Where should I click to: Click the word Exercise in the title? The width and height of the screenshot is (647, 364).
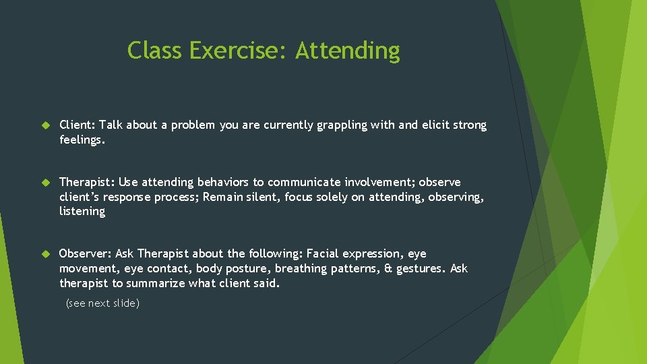pos(239,51)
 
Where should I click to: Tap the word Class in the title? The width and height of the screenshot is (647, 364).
pos(156,51)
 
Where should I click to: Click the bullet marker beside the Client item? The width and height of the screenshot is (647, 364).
pos(46,125)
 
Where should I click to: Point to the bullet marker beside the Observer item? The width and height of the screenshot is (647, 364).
pos(46,254)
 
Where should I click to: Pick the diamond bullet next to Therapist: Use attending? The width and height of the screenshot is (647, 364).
pos(46,183)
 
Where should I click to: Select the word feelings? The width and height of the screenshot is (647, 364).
pos(82,140)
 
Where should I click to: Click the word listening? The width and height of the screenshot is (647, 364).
pos(82,212)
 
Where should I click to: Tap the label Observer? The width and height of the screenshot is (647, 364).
pos(85,254)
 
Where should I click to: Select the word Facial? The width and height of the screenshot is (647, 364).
pos(322,254)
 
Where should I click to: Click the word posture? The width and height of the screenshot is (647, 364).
pos(246,268)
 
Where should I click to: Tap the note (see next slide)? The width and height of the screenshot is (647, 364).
pos(102,303)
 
